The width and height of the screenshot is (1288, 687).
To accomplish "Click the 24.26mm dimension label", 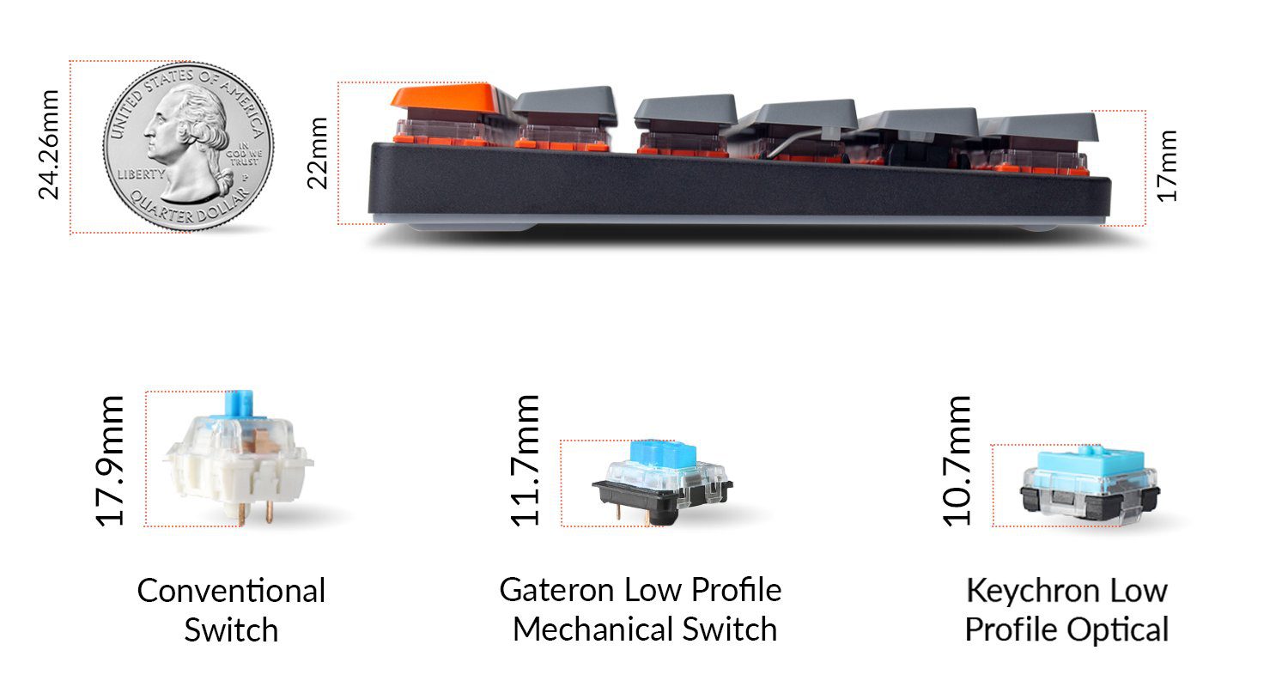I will point(48,144).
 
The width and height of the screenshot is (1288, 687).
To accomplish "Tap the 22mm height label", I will point(319,153).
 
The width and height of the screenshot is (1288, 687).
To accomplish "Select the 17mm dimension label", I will point(1167,165).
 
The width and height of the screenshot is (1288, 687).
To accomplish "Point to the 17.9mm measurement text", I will point(110,460).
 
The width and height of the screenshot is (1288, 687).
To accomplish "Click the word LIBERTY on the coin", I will point(141,173).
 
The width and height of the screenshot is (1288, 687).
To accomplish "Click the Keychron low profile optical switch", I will point(1089,488).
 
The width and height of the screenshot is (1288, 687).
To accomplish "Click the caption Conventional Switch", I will point(231,610).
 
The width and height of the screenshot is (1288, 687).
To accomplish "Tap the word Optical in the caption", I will point(1118,629).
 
